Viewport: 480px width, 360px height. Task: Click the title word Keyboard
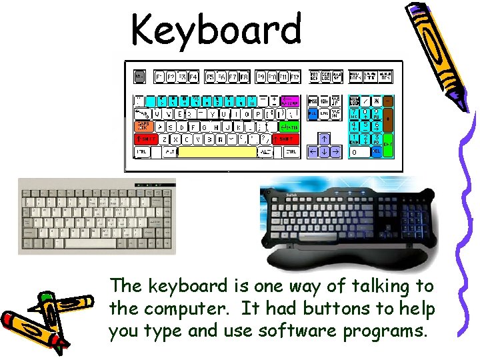[216, 31]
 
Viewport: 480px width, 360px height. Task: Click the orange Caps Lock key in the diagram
[143, 126]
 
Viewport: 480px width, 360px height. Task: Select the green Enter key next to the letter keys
[288, 127]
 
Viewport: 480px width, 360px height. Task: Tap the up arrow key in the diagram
[323, 139]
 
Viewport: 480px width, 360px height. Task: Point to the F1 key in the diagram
[159, 77]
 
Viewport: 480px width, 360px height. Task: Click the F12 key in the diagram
[294, 77]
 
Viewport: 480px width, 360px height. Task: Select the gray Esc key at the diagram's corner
[139, 77]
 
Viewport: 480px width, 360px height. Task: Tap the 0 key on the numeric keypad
[359, 152]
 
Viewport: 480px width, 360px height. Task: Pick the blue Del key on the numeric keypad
[377, 152]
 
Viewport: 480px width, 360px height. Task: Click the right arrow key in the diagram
[335, 152]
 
